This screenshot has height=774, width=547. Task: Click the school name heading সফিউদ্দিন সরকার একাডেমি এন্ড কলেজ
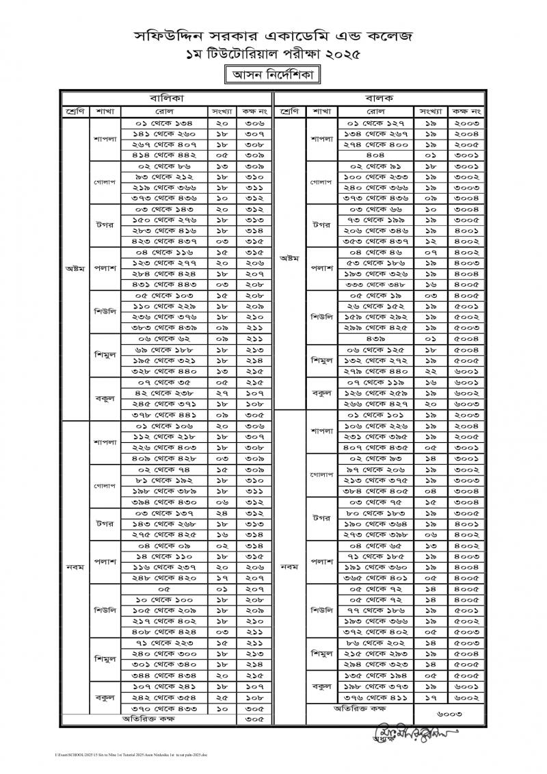coord(273,35)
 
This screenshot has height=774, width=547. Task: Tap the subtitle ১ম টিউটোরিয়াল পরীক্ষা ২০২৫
coord(273,53)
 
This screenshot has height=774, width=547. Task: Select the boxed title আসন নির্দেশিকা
coord(273,74)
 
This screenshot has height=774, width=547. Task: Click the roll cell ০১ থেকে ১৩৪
coord(163,122)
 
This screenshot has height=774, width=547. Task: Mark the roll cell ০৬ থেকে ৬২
coord(163,338)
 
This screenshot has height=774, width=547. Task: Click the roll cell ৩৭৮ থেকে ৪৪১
coord(163,414)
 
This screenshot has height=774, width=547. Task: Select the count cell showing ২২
coord(431,371)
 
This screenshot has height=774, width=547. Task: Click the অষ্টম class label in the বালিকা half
coord(75,268)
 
